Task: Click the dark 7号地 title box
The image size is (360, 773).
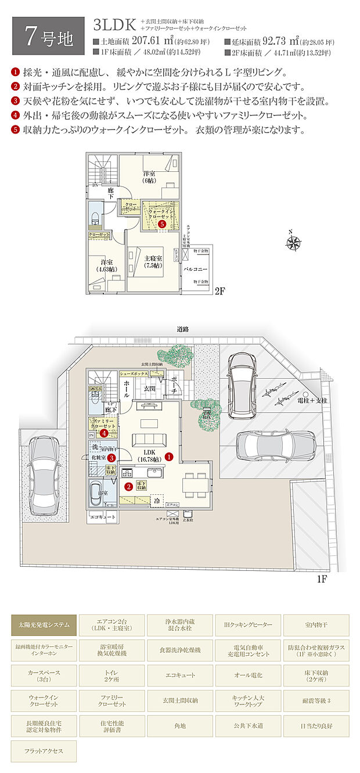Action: pos(49,37)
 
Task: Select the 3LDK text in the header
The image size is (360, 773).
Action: pos(114,24)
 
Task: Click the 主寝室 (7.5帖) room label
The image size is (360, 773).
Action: pos(153,261)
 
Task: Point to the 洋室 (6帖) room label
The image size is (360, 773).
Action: pos(149,177)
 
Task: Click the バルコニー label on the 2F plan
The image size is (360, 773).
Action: pos(196,269)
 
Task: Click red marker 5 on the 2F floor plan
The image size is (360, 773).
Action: pos(162,223)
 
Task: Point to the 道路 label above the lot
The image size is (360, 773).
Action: pos(183,329)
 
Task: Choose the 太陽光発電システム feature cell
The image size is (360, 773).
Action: pos(44,625)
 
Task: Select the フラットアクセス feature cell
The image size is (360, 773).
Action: pos(44,750)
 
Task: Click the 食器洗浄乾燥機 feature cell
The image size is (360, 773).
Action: pos(180,650)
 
